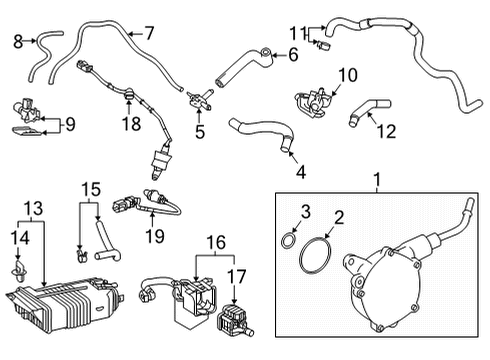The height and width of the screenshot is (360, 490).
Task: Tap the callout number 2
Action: (339, 217)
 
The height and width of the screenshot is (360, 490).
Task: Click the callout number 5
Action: (199, 131)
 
